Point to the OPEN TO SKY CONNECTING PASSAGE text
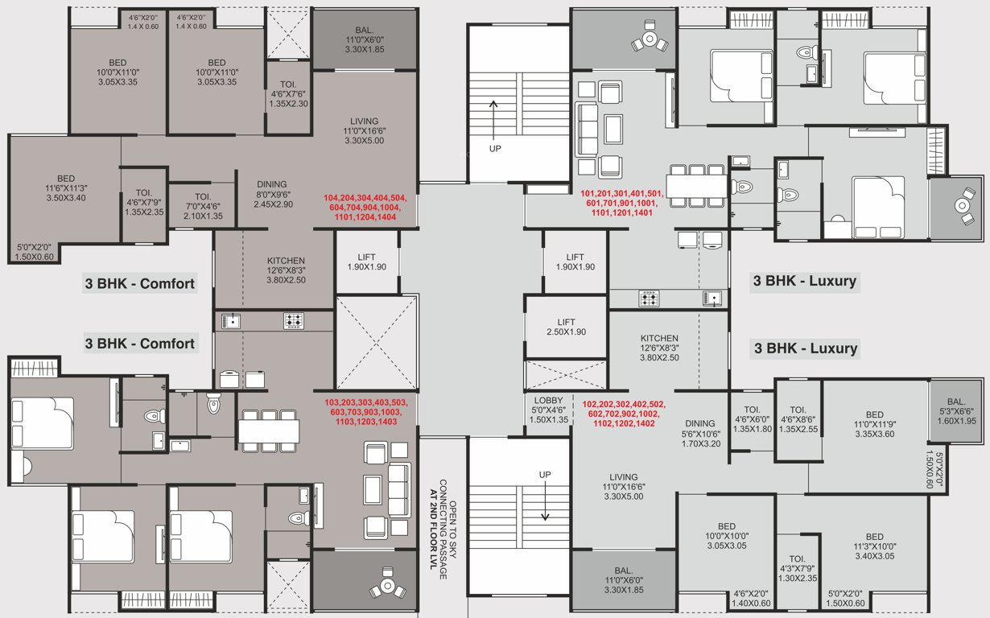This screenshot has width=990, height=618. click(442, 535)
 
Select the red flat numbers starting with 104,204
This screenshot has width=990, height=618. click(365, 208)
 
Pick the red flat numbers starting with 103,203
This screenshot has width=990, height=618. click(365, 411)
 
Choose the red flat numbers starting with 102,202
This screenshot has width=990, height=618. click(623, 414)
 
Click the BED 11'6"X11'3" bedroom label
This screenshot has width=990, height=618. click(66, 187)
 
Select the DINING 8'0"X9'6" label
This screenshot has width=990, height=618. click(272, 195)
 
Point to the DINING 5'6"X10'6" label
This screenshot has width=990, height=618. click(699, 434)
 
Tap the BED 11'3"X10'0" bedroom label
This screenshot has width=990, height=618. click(874, 547)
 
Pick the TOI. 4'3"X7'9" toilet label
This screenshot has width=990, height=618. click(797, 570)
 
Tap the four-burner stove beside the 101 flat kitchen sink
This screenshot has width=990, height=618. click(650, 299)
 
